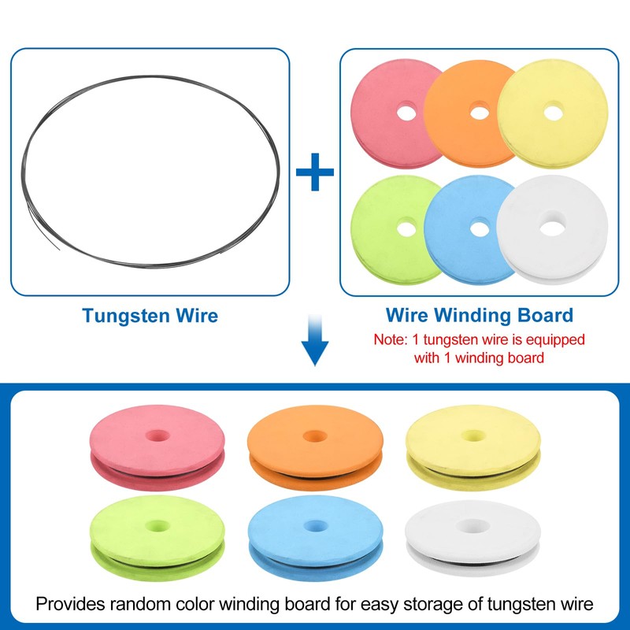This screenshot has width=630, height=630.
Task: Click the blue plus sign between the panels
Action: tap(314, 172)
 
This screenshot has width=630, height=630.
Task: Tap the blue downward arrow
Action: tap(315, 341)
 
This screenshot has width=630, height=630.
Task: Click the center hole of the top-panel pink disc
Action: tap(406, 113)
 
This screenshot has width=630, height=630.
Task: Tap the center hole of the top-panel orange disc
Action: tap(480, 113)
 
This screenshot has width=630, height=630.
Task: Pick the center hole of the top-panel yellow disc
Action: tap(554, 113)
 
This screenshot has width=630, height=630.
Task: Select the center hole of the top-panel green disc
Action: tap(406, 229)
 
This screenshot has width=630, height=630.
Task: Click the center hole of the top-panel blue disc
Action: tap(480, 229)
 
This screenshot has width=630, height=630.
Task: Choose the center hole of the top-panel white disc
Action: tap(553, 228)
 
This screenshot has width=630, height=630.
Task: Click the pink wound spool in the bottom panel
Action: tap(157, 447)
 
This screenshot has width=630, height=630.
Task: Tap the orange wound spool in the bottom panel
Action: tap(315, 447)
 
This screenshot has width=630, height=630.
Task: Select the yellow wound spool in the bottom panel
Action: tap(473, 447)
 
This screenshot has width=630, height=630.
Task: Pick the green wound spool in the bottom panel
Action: tap(157, 538)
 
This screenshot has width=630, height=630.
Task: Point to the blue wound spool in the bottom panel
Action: tap(315, 538)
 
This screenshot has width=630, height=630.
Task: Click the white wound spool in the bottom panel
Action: tap(472, 539)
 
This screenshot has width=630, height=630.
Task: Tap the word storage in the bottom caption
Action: tap(432, 605)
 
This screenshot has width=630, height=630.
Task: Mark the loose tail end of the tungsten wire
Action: tap(59, 250)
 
